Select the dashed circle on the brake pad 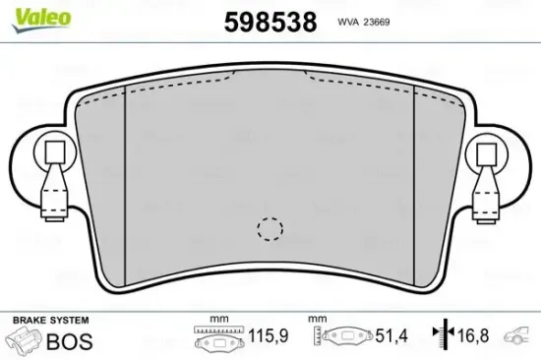pos(269,228)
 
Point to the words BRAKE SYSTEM pos(49,321)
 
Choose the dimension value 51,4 pos(389,338)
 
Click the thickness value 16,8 pos(474,338)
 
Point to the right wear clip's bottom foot pos(486,212)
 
